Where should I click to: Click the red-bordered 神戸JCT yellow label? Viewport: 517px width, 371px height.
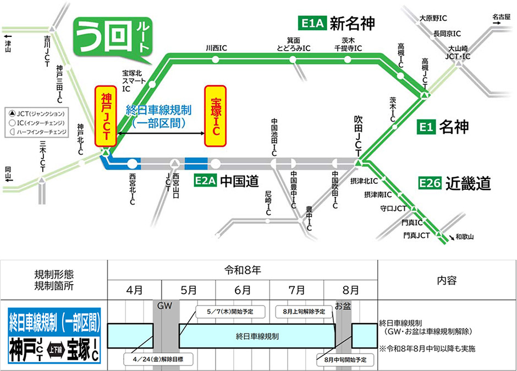pos(106,116)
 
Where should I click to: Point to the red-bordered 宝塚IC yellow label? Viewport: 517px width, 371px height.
pos(215,116)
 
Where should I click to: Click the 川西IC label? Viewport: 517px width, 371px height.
pos(216,48)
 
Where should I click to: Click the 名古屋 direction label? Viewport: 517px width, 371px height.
pos(502,17)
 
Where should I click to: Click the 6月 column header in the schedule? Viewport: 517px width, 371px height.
pos(242,290)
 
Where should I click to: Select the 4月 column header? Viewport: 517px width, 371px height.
pos(134,290)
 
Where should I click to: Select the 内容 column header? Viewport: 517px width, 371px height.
pos(447,280)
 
